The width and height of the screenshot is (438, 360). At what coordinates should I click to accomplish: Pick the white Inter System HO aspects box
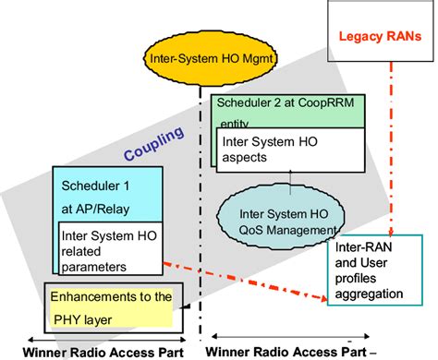262,149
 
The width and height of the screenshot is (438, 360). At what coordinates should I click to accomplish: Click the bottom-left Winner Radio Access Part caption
87,351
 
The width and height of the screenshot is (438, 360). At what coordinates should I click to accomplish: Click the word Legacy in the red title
363,37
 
